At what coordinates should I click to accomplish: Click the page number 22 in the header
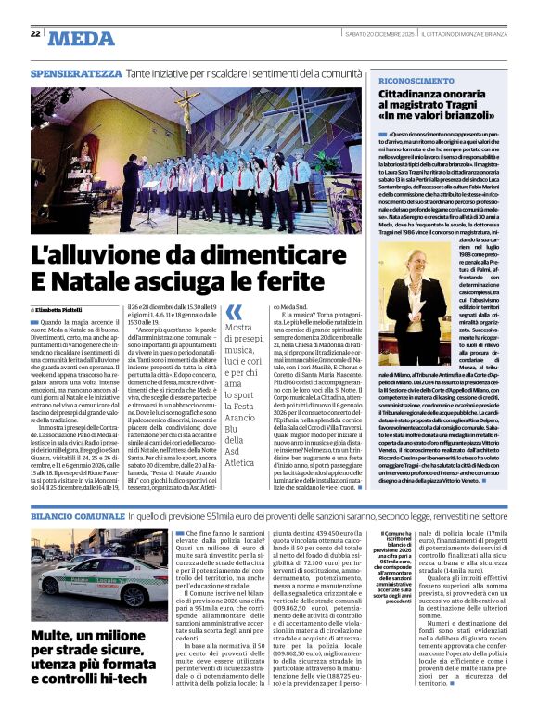35,33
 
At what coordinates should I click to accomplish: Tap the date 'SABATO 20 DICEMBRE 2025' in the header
373,34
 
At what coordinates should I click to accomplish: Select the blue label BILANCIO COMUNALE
75,513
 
